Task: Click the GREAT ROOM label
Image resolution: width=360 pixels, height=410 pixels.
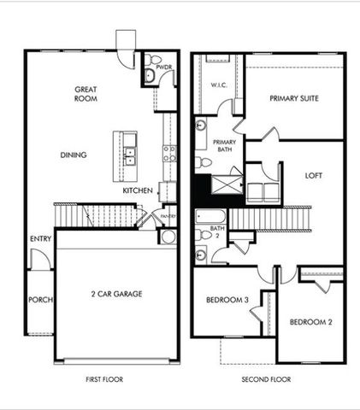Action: coord(86,93)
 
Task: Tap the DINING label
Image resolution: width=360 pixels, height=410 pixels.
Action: coord(72,155)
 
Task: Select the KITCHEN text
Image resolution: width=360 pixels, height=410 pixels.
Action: coord(137,190)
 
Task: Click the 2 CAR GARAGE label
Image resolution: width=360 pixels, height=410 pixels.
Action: coord(116,294)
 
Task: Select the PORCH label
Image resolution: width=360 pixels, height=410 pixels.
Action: coord(39,300)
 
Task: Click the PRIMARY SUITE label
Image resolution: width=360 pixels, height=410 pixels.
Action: coord(294,98)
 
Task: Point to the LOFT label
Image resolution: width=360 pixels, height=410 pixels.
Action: coord(314,175)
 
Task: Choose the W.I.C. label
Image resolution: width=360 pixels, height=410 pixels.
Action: coord(218,85)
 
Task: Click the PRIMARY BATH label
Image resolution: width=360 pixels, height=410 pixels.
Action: coord(224,146)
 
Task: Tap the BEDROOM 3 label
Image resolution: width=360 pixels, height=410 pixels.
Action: coord(227,300)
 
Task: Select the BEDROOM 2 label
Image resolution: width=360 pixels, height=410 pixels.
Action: coord(310,322)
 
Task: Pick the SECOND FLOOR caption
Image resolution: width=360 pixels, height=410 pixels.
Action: coord(267,378)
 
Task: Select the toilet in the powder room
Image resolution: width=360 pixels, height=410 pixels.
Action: coord(150,76)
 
